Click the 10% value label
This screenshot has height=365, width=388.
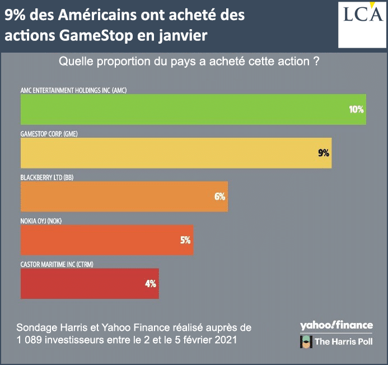(x=356, y=109)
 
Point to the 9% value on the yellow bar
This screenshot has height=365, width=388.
(x=324, y=152)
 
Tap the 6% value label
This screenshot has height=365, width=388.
(x=219, y=196)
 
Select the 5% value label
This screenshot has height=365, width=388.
(x=185, y=240)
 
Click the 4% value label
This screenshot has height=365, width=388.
(x=150, y=283)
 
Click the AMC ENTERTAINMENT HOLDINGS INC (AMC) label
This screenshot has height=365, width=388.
(x=69, y=90)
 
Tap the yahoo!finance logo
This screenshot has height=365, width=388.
(x=336, y=325)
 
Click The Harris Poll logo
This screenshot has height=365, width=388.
(x=336, y=341)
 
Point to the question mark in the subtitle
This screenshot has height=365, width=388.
(x=316, y=62)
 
